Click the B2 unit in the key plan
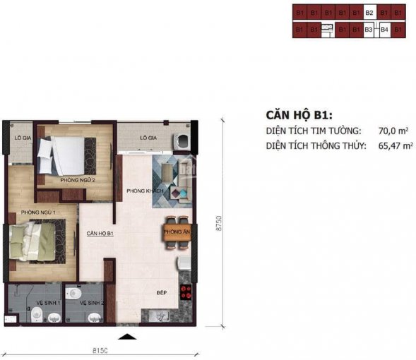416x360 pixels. tap(369, 12)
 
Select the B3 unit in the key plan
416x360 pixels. tap(369, 30)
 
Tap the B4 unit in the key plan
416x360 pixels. tap(385, 30)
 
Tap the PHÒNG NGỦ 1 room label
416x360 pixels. tap(39, 212)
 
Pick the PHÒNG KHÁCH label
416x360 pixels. tap(145, 191)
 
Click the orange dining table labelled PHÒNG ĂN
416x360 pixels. tap(176, 232)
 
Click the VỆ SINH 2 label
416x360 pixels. tap(93, 303)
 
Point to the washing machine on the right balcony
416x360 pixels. tap(181, 140)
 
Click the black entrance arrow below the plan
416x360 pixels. tap(128, 336)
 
